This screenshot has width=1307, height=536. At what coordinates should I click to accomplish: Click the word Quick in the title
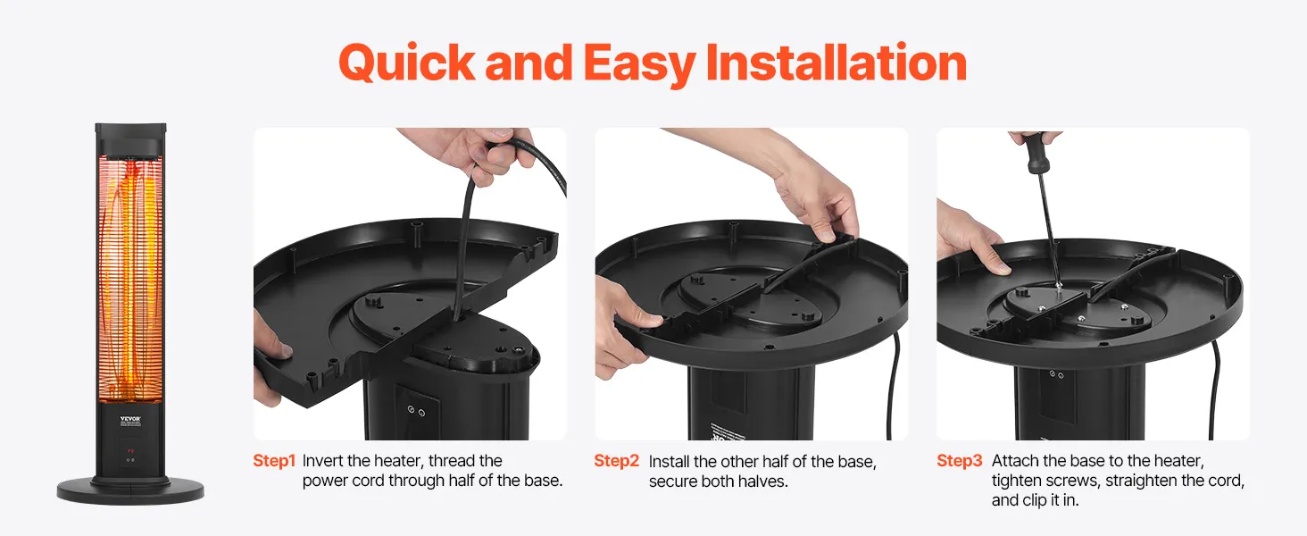point(407,63)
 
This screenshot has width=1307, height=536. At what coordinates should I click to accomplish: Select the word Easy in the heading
point(639,65)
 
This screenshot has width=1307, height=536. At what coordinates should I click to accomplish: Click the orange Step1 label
point(274,461)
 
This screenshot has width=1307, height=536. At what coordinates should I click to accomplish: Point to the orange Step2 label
point(616,461)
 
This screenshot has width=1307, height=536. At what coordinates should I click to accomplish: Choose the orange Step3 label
point(959,461)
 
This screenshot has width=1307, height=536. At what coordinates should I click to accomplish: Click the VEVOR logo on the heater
point(130,419)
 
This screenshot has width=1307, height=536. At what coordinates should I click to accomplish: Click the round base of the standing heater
point(130,490)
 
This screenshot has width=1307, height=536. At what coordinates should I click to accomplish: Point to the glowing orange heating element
point(130,279)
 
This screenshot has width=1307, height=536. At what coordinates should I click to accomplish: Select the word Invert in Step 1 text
point(321,461)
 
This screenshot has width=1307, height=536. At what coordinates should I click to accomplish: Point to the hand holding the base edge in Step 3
point(969,239)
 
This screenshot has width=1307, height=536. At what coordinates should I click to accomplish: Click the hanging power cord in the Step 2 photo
point(893,385)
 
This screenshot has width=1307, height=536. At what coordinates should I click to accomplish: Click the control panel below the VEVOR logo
point(130,452)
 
